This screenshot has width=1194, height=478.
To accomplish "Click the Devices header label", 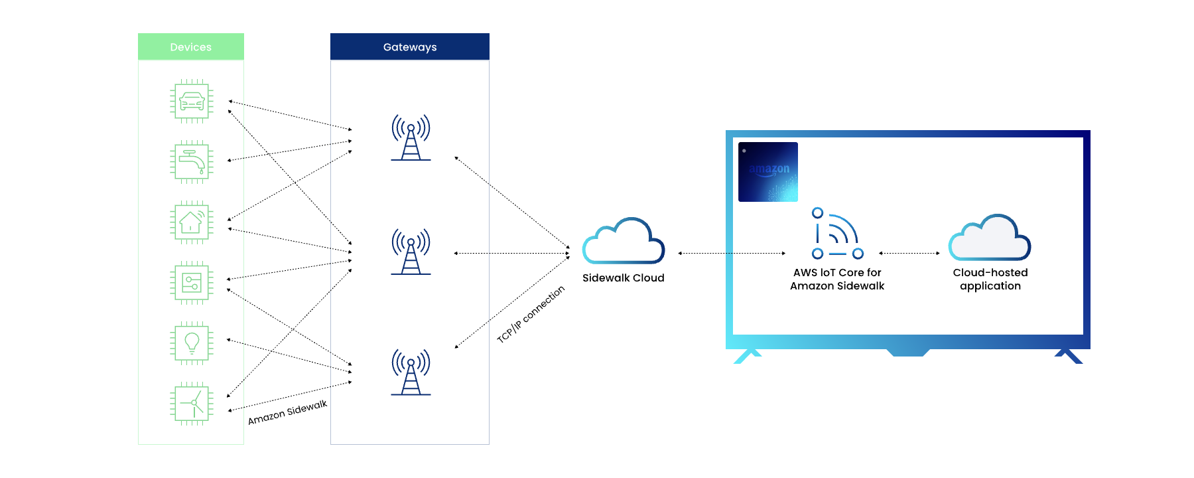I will (190, 47).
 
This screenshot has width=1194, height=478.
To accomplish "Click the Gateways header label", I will (410, 47).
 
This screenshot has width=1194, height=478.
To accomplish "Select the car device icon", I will (192, 101).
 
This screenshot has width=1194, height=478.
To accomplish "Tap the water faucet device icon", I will (192, 161).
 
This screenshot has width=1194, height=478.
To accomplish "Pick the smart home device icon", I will (192, 222).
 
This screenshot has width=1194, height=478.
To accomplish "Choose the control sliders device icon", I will (192, 283).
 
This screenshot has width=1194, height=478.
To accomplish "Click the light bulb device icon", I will (192, 343).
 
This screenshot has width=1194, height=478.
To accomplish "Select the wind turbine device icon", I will (192, 403).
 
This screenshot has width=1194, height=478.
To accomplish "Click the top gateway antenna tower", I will (411, 138).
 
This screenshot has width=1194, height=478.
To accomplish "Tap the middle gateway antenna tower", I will (411, 252).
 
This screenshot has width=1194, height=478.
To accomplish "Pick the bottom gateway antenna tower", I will (411, 372).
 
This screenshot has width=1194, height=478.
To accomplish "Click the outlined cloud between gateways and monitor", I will (623, 242).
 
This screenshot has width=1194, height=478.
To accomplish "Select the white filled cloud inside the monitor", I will (989, 238).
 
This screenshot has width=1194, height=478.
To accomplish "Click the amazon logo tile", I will (768, 172).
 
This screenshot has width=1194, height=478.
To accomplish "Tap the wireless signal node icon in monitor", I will (837, 234).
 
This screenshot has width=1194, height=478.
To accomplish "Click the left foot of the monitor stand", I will (746, 357).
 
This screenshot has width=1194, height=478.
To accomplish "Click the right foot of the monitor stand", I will (1069, 357).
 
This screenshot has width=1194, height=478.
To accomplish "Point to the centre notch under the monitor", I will (907, 352).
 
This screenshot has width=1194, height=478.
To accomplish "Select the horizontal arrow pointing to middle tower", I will (471, 253).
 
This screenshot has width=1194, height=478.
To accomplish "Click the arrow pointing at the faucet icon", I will (236, 159).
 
